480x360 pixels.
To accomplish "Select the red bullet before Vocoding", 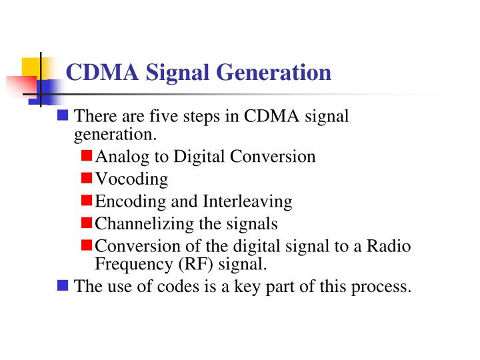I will tap(87, 178).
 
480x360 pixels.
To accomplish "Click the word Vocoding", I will tap(131, 179).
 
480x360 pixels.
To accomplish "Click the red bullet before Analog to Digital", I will tap(87, 156).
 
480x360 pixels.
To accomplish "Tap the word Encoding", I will tap(127, 201).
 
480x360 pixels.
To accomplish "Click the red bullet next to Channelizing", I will tap(87, 222).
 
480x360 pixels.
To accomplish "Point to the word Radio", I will tap(390, 246).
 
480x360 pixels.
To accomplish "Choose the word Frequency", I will tap(133, 264).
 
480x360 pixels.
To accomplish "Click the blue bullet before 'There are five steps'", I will tap(63, 115).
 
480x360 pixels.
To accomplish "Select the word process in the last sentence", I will tap(384, 287).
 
